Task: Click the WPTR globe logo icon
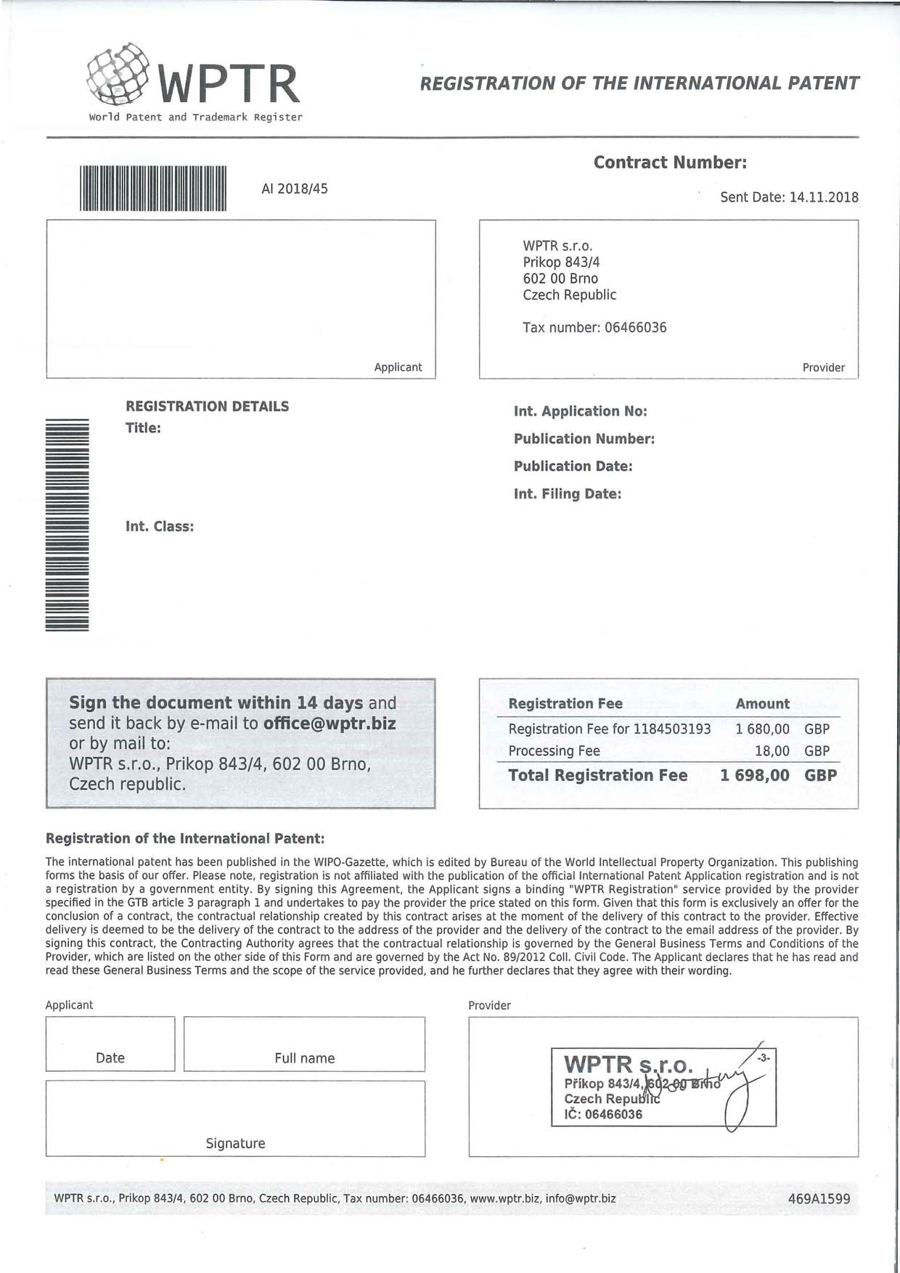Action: click(118, 73)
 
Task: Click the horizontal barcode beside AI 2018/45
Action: click(153, 189)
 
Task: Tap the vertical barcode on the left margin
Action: click(67, 525)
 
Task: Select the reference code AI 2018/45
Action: click(295, 189)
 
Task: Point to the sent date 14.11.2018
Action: click(824, 197)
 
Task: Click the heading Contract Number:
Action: click(670, 163)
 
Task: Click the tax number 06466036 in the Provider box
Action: click(635, 327)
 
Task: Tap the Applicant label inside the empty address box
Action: click(398, 367)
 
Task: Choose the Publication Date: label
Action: click(573, 467)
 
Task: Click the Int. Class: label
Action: click(160, 527)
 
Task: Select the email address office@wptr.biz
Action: click(330, 724)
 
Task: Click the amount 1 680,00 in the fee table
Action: click(762, 729)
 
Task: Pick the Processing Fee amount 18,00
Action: click(772, 751)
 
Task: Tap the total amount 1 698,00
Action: click(755, 776)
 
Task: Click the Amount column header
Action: click(762, 704)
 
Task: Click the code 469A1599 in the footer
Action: click(819, 1199)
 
